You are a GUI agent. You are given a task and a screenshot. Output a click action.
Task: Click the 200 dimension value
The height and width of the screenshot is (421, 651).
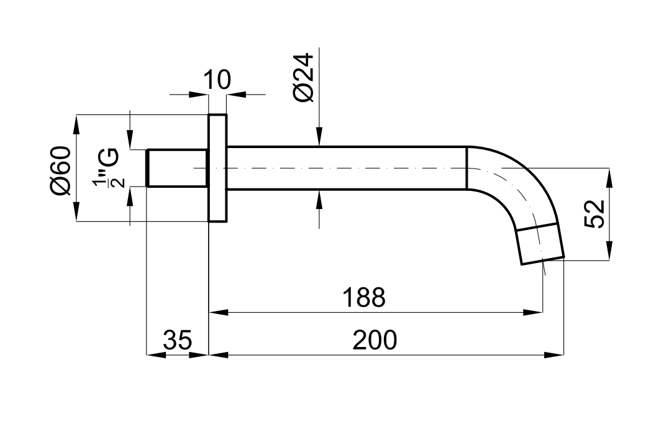tap(375, 340)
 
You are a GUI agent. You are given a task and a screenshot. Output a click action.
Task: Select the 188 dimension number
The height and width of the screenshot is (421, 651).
tap(363, 297)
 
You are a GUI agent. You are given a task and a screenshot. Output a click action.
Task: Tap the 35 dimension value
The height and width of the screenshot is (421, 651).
tap(178, 340)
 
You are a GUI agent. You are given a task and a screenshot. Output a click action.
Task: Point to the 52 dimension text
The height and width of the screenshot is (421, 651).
tap(594, 213)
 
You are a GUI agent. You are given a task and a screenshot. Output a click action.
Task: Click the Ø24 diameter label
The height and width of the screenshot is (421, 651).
tap(304, 77)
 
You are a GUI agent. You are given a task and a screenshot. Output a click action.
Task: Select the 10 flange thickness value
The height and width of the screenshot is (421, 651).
tap(217, 80)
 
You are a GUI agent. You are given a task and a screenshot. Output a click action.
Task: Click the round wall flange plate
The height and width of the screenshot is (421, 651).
tap(217, 168)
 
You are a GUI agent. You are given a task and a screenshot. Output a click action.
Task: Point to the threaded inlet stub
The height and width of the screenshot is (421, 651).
tap(177, 168)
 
